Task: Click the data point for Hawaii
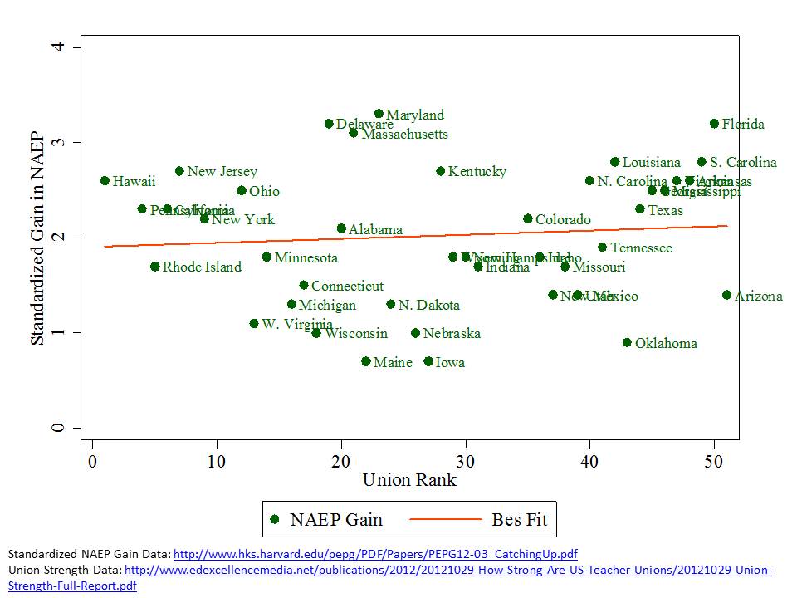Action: coord(105,180)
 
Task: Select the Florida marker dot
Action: coord(714,124)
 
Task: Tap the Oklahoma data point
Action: coord(627,342)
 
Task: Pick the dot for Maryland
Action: coord(379,114)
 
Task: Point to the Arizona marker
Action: coord(726,295)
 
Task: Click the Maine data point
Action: coord(366,361)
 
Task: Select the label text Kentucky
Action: coord(477,172)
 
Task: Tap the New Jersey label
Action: coord(222,172)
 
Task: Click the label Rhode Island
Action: coord(202,267)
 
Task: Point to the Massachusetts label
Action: coord(404,134)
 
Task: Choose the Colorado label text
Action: coord(563,220)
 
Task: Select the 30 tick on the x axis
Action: coord(465,461)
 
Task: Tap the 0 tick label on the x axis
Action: coord(92,461)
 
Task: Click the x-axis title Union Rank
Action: coord(409,480)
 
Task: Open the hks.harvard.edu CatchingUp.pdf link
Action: coord(376,554)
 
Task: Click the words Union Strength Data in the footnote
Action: coord(63,570)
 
